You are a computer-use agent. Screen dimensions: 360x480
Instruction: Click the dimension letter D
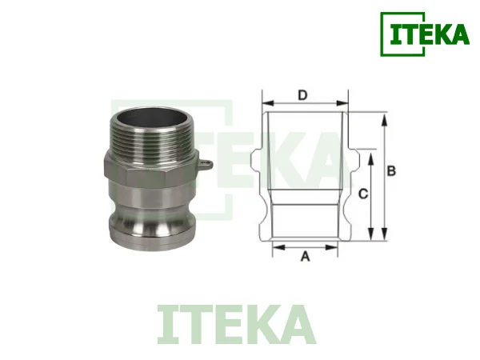(302, 95)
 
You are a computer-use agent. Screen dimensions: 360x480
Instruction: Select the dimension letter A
(304, 257)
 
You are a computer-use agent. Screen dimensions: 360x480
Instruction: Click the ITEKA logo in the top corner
(424, 34)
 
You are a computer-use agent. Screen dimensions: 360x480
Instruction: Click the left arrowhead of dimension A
(277, 248)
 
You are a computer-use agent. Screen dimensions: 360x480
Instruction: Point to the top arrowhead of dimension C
(370, 157)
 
